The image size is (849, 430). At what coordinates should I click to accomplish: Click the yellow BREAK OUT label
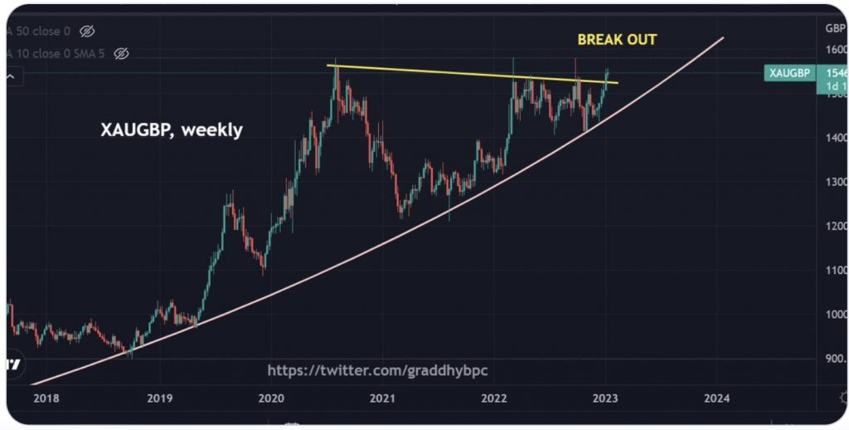tap(618, 39)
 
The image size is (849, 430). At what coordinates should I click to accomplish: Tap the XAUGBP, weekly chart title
tap(171, 130)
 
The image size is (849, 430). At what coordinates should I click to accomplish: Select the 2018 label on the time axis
tap(48, 398)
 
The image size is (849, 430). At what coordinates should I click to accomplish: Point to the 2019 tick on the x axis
tap(159, 398)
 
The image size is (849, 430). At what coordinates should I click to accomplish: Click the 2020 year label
tap(271, 398)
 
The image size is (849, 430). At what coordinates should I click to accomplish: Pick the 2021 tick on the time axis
tap(382, 398)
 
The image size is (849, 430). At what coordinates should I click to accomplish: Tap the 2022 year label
tap(494, 398)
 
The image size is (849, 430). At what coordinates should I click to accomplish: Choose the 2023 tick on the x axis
tap(605, 398)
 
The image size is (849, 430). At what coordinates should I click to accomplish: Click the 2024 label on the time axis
tap(716, 398)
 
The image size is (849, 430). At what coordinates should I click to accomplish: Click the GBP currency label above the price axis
tap(835, 27)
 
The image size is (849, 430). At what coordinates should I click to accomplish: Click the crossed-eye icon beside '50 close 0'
tap(86, 32)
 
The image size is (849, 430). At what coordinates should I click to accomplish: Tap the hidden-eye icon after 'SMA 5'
tap(121, 54)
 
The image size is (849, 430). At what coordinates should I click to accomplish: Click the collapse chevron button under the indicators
tap(12, 76)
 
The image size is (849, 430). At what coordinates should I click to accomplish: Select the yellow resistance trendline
tap(464, 73)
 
